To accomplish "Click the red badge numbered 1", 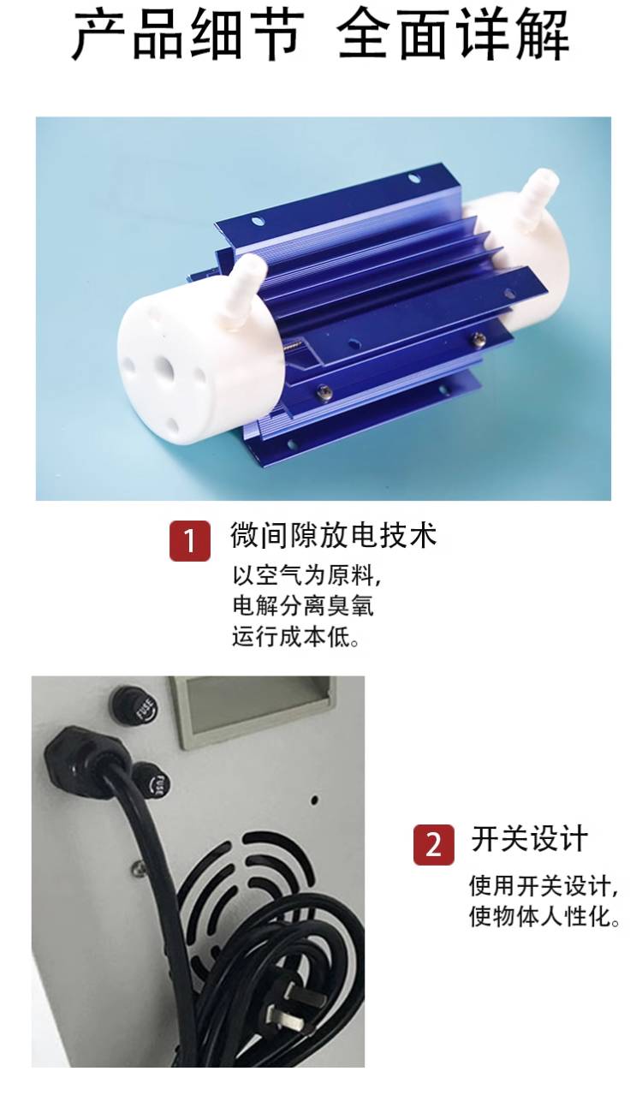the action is point(189,540).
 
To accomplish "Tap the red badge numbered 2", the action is point(433,844).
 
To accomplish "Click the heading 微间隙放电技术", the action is point(333,536).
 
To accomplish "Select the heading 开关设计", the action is point(529,839).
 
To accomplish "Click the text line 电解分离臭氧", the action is point(303,606).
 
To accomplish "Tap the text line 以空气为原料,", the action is point(306,576).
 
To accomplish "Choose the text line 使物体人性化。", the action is point(545,916).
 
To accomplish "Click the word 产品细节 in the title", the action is point(188,36).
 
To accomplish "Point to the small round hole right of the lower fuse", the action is point(314,800).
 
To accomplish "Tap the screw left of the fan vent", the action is point(140,867).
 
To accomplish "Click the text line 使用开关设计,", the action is point(544,886).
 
